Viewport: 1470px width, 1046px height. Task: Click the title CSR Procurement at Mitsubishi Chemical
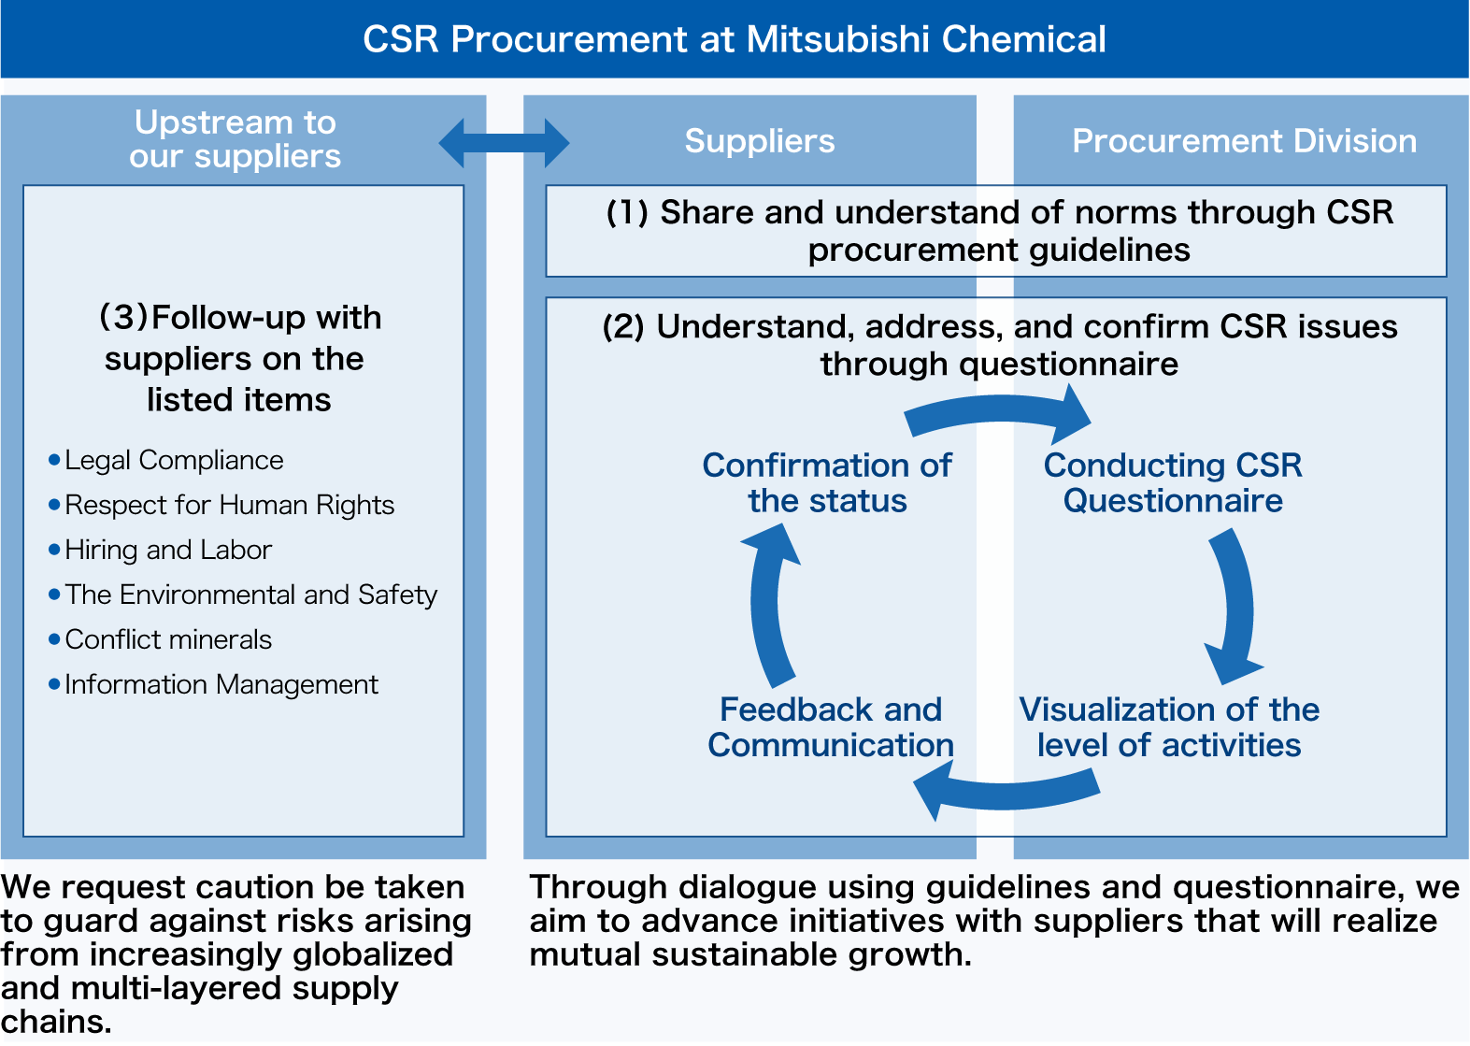735,39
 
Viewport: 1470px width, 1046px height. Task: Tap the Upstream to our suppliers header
235,139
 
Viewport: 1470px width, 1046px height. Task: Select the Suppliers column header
759,141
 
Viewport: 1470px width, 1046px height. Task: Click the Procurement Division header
1244,141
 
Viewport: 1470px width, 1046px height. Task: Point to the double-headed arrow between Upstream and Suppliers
504,143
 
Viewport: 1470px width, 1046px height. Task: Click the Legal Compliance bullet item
173,460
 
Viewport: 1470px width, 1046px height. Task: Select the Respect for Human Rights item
229,505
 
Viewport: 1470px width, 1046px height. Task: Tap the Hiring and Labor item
168,550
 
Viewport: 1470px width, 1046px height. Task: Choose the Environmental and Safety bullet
250,595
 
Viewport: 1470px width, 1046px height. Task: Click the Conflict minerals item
168,639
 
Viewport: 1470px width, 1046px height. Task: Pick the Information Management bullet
221,684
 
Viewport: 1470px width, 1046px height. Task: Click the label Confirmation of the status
827,482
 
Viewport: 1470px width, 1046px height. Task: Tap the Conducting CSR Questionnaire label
1173,482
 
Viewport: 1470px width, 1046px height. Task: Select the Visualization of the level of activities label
1169,727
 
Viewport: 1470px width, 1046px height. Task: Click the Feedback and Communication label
830,727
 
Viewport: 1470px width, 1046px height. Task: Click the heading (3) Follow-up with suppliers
239,359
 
